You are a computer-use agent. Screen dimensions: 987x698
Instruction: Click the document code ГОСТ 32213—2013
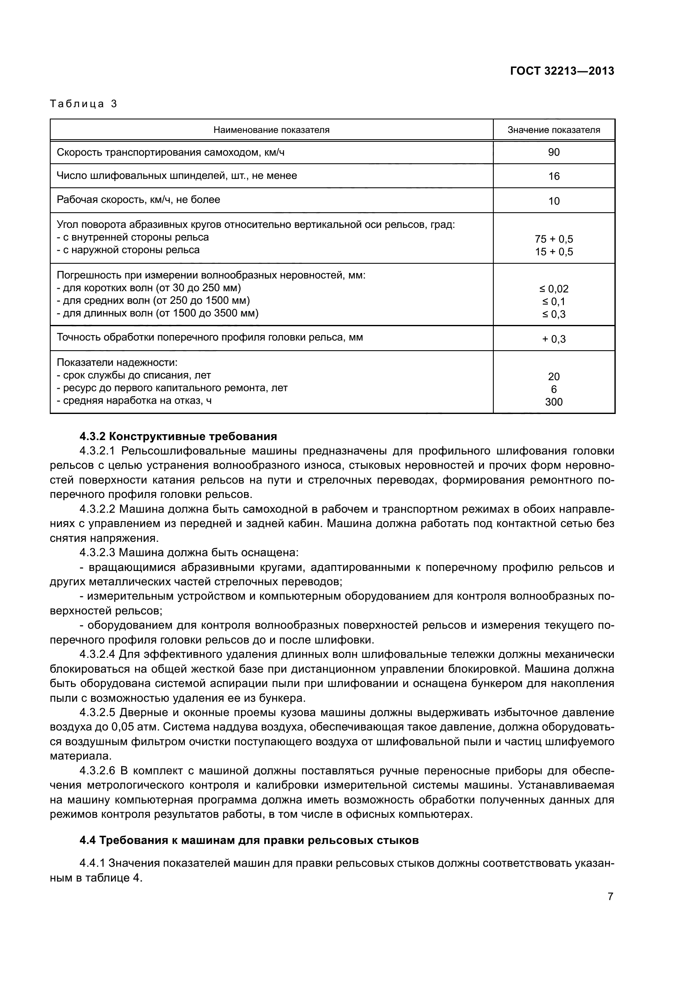[562, 71]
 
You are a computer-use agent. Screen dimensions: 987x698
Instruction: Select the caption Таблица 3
[84, 104]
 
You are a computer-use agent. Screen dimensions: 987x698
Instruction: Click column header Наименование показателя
[271, 130]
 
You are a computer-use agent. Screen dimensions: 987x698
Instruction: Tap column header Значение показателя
[554, 130]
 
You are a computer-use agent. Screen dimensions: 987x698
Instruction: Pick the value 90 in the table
[554, 152]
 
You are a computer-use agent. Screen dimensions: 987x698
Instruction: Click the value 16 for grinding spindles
[554, 176]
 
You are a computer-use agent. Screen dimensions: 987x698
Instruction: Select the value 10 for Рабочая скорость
[554, 201]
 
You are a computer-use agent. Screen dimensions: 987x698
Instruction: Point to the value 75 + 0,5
[554, 239]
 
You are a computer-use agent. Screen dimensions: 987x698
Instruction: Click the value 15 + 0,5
[554, 251]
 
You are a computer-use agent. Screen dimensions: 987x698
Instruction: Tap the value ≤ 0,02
[554, 289]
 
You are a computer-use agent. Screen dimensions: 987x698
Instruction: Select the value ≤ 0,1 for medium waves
[554, 301]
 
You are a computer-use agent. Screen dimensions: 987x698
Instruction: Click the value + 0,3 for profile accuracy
[554, 339]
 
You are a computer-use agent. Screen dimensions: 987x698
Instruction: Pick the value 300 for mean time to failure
[554, 402]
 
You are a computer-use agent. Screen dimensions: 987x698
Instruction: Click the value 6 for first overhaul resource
[554, 389]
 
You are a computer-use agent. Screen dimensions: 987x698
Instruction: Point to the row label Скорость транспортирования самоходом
[170, 152]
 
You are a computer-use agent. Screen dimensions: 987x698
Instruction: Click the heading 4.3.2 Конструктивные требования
[178, 436]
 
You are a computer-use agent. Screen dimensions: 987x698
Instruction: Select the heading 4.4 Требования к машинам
[249, 840]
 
